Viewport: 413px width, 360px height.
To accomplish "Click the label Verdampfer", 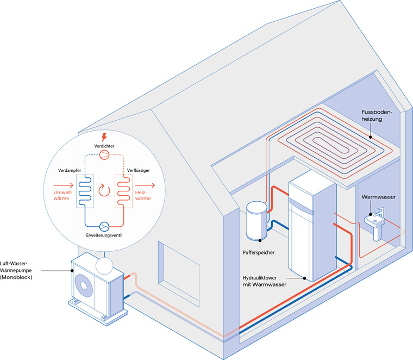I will point(70,171).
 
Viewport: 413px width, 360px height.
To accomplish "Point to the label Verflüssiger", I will point(139,171).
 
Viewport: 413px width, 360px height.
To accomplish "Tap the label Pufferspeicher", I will point(260,252).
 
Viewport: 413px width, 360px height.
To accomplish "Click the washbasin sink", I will point(374,223).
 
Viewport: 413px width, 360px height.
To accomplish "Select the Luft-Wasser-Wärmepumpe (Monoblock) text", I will point(20,270).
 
